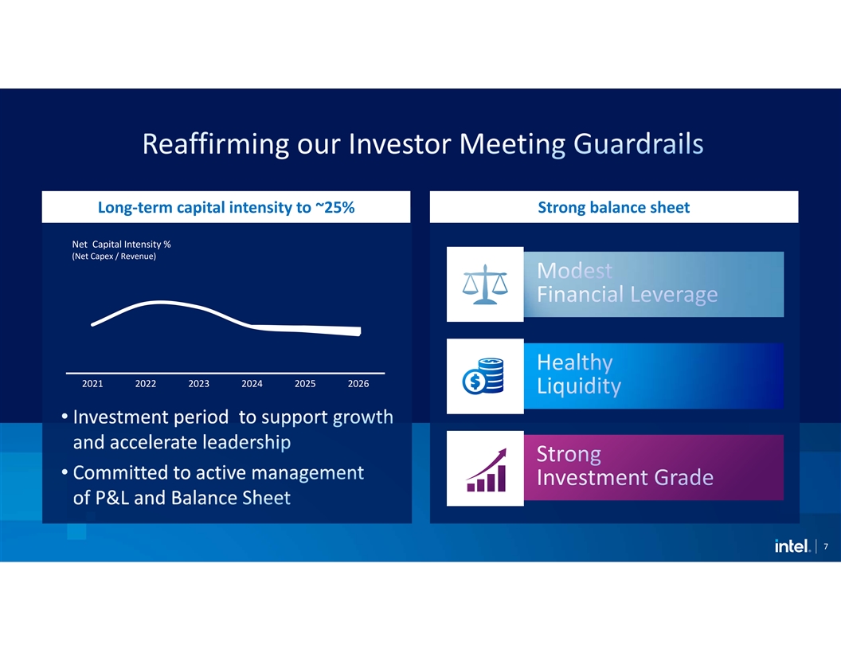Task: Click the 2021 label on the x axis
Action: pos(92,383)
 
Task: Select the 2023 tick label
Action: pos(198,383)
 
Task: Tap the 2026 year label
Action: pos(358,383)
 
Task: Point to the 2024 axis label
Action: pos(252,383)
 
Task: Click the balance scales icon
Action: pos(485,284)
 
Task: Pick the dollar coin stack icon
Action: pos(483,376)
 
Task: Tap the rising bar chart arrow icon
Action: pos(487,470)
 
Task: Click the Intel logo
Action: pos(792,546)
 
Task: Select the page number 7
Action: pos(825,546)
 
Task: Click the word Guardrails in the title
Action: pos(638,143)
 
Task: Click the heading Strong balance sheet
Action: pos(613,207)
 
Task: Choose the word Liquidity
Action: pos(579,386)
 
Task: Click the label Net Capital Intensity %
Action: pos(121,244)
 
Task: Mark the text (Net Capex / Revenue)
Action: pos(114,256)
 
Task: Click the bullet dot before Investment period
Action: pos(65,417)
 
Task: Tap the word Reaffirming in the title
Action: pos(216,143)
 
